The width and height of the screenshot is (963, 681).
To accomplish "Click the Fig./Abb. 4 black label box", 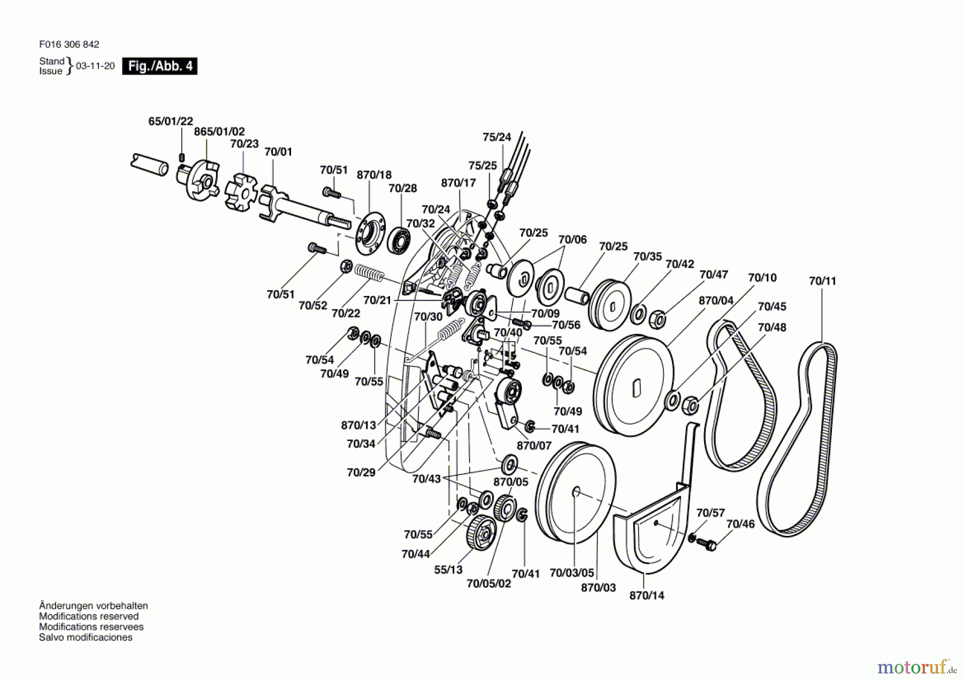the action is (x=159, y=66).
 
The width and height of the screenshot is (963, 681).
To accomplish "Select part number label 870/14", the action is (x=647, y=595).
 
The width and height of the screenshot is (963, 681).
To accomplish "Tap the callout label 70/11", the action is (x=822, y=281).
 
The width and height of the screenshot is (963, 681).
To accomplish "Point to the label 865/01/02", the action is (x=219, y=132).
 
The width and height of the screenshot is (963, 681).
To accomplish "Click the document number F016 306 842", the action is (x=69, y=44).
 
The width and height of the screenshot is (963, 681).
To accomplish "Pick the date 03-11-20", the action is (x=95, y=66).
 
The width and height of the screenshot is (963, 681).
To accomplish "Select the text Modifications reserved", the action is (x=89, y=616).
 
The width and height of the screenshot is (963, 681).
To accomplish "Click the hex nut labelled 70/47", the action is (x=657, y=320).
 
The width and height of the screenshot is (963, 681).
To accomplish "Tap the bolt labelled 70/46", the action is (x=706, y=543).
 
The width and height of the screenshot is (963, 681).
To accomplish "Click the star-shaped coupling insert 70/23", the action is (x=240, y=191).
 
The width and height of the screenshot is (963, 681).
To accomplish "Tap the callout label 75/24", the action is (x=497, y=137).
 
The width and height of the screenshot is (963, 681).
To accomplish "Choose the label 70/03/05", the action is (x=572, y=573).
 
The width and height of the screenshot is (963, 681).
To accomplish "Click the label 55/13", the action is (x=448, y=570).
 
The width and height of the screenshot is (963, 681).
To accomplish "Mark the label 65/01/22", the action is (x=171, y=122).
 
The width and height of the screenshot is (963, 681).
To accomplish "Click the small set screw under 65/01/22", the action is (x=182, y=157).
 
